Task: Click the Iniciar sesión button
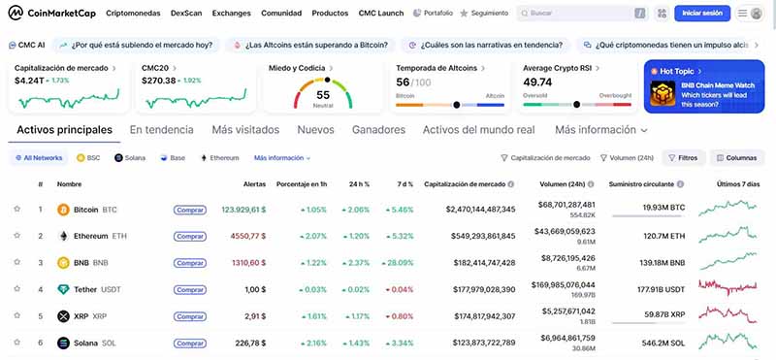(x=702, y=14)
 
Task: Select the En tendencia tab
(x=162, y=129)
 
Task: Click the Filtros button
(x=682, y=157)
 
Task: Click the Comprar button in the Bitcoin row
(x=189, y=209)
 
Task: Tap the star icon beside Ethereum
(x=16, y=236)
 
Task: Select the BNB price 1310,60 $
(x=248, y=262)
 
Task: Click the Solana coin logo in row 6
(x=64, y=343)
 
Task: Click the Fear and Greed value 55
(x=323, y=95)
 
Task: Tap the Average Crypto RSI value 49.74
(x=537, y=82)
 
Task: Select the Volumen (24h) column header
(x=562, y=183)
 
